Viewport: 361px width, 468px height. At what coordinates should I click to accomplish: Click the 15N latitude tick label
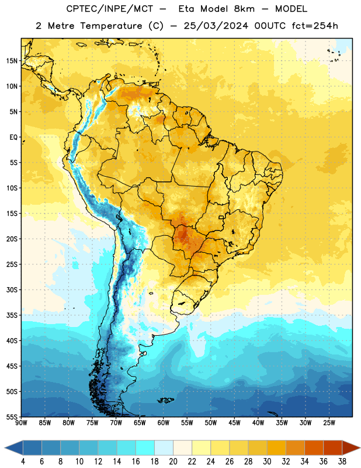(12, 61)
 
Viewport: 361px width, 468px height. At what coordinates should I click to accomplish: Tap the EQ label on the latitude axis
(13, 137)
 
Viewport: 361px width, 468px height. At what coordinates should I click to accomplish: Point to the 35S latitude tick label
(12, 315)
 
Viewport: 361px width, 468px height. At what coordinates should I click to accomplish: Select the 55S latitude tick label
(12, 417)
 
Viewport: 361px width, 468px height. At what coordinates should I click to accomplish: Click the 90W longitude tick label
(21, 422)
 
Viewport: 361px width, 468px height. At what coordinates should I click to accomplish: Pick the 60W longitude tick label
(164, 422)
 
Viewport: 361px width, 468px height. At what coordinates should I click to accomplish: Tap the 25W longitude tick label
(329, 422)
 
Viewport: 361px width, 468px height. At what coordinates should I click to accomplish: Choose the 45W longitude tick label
(235, 422)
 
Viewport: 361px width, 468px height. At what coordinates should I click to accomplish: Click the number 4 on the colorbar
(23, 462)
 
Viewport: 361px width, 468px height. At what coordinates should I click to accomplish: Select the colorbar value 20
(173, 462)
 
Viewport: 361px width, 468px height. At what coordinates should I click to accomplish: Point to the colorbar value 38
(342, 462)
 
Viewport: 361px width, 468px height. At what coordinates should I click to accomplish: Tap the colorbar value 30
(267, 462)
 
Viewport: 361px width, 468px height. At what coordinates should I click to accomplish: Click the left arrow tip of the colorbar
(5, 448)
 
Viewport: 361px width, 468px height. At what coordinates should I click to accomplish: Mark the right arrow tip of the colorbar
(360, 448)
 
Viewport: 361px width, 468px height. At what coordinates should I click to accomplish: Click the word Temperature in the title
(111, 26)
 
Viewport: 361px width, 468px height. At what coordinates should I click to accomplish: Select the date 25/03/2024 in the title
(216, 26)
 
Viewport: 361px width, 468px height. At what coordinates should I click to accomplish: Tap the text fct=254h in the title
(315, 26)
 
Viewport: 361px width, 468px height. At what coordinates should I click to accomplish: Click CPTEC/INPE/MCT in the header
(110, 9)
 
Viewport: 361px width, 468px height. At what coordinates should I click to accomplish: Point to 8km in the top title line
(244, 9)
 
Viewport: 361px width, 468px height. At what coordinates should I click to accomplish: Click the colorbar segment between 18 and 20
(164, 448)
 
